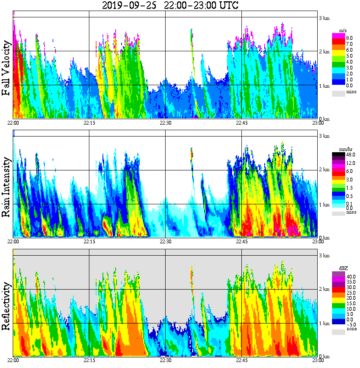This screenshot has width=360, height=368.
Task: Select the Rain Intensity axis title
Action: [6, 187]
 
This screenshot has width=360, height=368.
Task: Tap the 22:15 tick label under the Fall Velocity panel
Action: [89, 123]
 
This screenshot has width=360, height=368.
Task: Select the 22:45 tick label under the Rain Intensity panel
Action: [241, 242]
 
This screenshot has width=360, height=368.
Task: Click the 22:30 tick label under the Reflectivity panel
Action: [165, 360]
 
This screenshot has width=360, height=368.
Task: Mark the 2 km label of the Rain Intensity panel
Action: [324, 170]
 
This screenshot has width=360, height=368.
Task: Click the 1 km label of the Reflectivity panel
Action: [324, 323]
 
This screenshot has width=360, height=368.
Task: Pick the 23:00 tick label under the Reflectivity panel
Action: [318, 360]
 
